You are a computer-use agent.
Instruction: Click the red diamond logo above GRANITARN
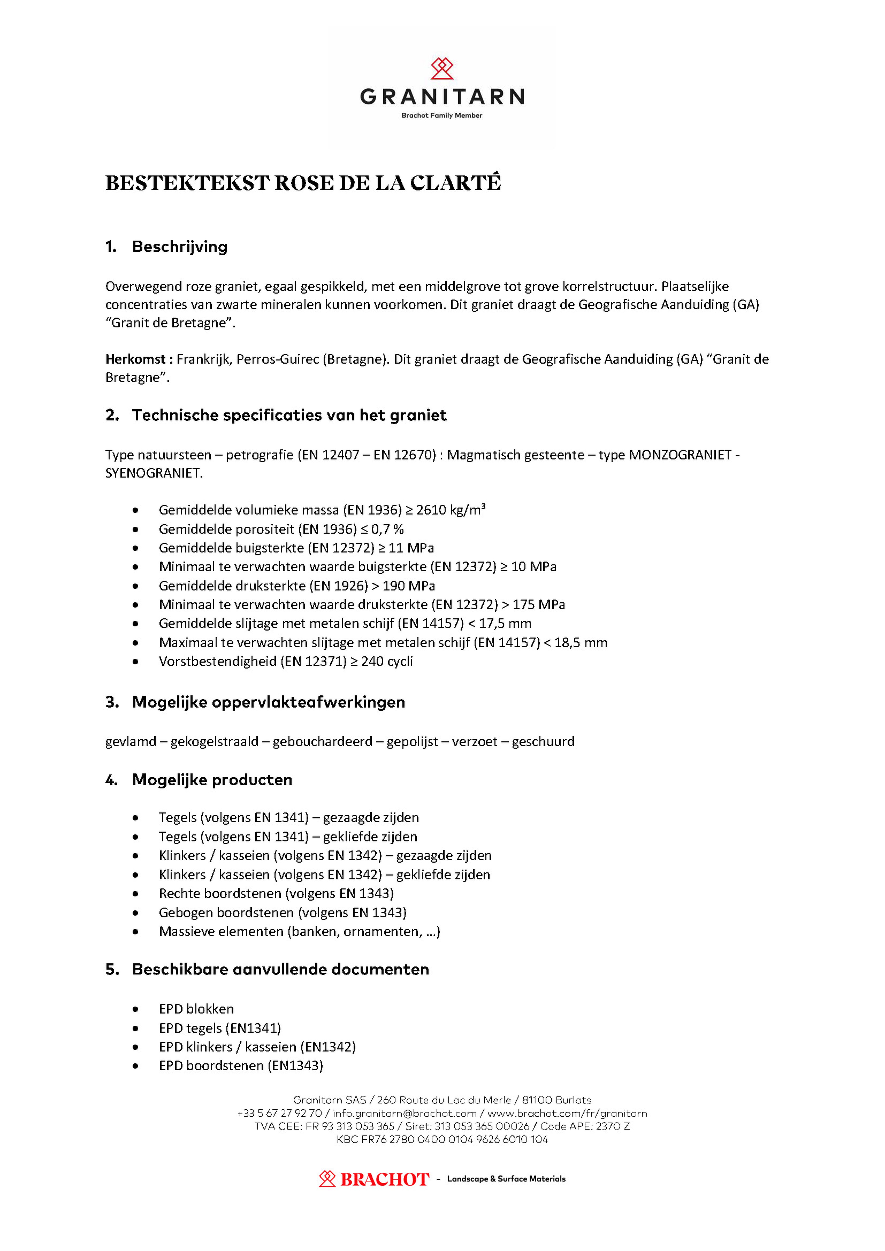point(442,69)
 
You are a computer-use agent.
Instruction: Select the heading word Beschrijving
point(180,247)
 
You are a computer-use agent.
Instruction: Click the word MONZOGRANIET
point(680,455)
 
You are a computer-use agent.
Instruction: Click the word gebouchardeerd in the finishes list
point(323,742)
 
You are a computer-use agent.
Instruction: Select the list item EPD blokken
point(196,1009)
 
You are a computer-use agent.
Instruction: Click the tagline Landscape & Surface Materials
point(506,1179)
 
